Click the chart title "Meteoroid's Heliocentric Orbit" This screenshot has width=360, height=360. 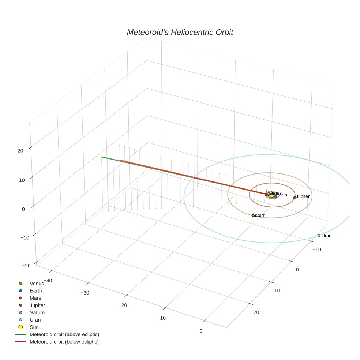click(180, 33)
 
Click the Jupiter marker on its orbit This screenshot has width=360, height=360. click(295, 198)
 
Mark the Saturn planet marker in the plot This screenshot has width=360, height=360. click(253, 215)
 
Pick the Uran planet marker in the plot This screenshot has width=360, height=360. click(319, 235)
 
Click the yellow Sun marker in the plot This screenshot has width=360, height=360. click(272, 196)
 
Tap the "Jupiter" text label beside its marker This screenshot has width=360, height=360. click(303, 196)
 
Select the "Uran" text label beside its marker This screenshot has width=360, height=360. click(326, 236)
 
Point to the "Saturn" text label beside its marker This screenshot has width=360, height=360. click(259, 215)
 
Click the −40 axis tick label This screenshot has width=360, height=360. click(46, 281)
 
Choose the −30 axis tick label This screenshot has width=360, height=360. click(85, 293)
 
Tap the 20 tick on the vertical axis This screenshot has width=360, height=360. click(20, 150)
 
